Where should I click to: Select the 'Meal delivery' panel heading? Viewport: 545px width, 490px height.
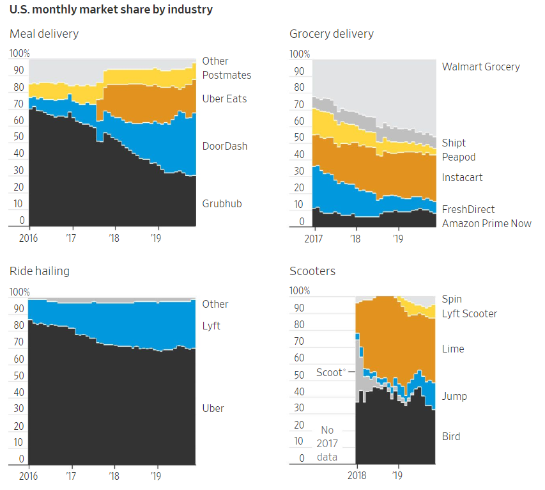44,34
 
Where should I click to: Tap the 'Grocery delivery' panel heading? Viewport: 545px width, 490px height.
331,34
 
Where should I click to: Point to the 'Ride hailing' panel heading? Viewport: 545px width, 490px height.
40,271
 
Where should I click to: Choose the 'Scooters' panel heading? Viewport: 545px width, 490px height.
312,271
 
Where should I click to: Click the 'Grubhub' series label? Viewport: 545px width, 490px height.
222,204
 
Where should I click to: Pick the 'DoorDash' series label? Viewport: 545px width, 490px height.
224,146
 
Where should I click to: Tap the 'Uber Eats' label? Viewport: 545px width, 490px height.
224,99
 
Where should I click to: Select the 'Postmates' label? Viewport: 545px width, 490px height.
226,75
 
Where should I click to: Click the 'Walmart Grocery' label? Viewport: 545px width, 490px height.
480,67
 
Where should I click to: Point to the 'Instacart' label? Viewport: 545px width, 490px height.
462,178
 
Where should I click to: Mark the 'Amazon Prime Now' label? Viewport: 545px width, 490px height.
486,224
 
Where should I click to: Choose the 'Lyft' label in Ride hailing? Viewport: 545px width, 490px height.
211,326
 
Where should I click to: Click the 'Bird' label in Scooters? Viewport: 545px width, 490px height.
450,437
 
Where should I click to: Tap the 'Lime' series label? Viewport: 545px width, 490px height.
453,349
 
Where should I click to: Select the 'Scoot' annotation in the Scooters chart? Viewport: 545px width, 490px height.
330,373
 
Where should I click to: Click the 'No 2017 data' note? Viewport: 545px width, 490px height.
327,443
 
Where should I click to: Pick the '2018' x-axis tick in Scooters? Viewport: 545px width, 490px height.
357,475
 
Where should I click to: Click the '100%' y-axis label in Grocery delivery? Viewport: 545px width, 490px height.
300,54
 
